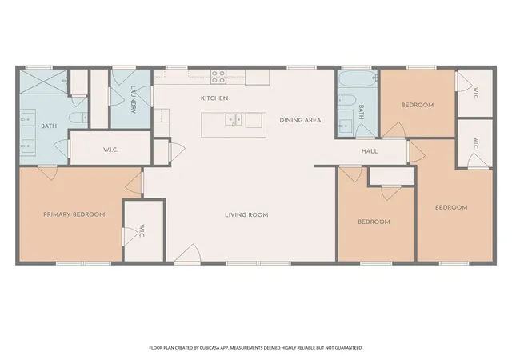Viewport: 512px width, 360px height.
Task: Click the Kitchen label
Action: coord(214,98)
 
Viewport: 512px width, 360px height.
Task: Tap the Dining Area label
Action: coord(300,120)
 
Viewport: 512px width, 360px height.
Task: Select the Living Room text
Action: coord(246,215)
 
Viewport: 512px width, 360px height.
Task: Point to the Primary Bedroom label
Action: coord(74,214)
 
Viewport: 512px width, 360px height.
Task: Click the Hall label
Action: coord(370,151)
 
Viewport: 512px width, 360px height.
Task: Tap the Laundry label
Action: coord(133,99)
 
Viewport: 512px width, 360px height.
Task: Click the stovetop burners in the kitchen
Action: coord(218,77)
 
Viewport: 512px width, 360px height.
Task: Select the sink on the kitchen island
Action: coord(234,119)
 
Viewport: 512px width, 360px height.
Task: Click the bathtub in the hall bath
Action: coord(358,78)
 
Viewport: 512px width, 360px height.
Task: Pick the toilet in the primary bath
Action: coord(78,117)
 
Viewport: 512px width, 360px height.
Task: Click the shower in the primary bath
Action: coord(43,82)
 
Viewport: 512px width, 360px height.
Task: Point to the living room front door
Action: coord(187,254)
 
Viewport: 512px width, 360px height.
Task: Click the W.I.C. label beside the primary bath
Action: coord(110,150)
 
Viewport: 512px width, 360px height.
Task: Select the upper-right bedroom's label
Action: coord(418,105)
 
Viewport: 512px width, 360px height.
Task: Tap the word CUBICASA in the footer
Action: coord(207,348)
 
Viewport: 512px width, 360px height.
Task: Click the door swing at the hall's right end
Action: coord(416,151)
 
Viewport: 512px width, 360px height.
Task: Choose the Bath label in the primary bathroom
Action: coord(49,126)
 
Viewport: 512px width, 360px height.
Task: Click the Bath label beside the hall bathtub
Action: coord(361,112)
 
